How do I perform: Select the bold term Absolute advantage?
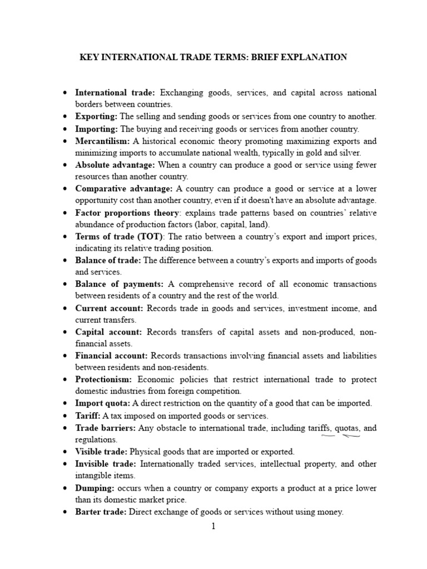coord(115,165)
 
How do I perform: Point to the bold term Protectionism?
coord(103,380)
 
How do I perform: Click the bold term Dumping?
coord(95,487)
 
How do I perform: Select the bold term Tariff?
coord(87,416)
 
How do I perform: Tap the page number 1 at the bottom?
coord(212,526)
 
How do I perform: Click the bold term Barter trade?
coord(101,512)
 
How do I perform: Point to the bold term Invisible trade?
coord(106,463)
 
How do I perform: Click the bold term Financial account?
coord(111,356)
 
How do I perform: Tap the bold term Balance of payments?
coord(120,284)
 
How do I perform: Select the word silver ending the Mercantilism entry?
coord(349,153)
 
